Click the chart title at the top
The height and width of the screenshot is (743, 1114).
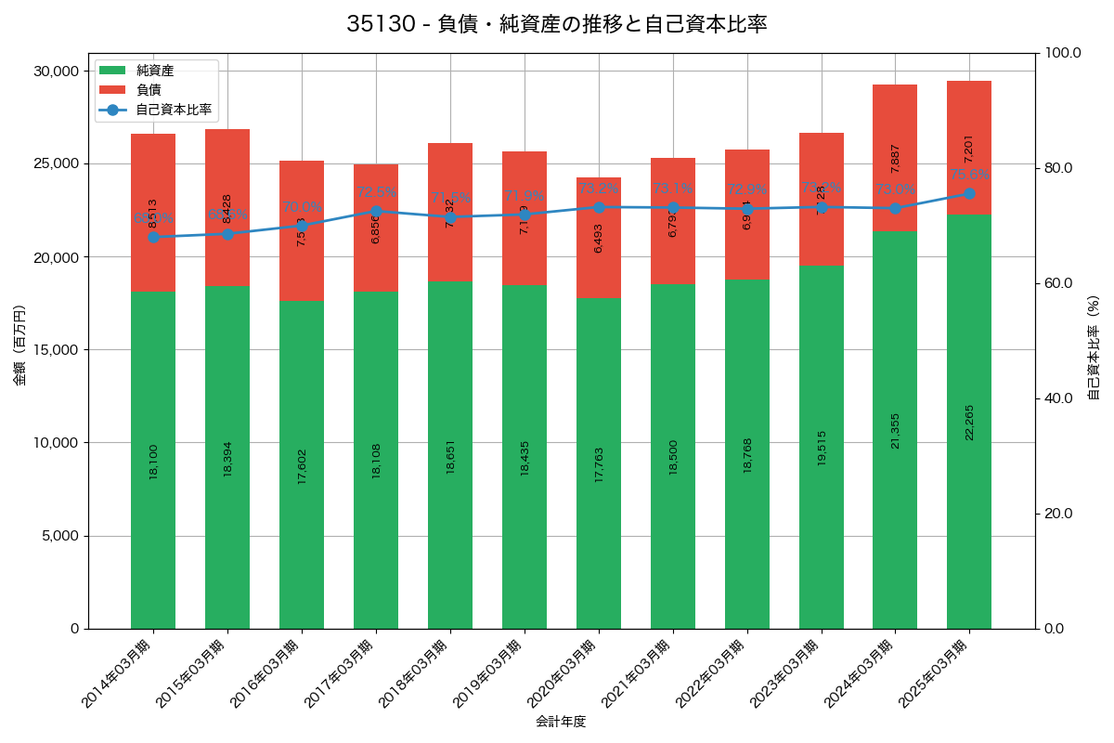(x=557, y=24)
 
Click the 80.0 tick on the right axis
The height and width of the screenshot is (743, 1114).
(x=1058, y=168)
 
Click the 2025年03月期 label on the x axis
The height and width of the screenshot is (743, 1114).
(x=933, y=673)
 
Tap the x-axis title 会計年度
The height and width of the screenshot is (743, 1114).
(x=561, y=722)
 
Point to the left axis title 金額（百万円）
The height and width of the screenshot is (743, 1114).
(x=19, y=345)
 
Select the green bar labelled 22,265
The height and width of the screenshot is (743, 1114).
(x=969, y=422)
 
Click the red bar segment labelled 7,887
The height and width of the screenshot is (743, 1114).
(x=895, y=158)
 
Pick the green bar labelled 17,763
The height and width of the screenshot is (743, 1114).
(x=599, y=463)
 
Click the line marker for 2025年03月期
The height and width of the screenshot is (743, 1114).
(x=969, y=193)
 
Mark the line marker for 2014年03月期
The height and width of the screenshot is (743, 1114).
(x=153, y=237)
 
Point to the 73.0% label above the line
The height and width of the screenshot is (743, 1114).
(x=895, y=189)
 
